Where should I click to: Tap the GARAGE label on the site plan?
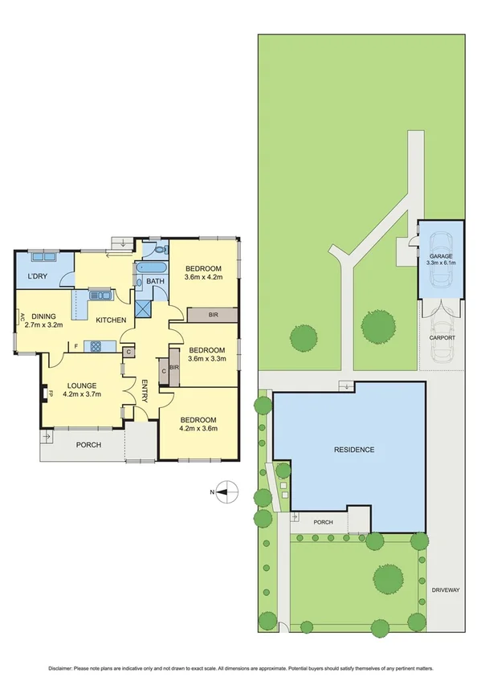[441, 255]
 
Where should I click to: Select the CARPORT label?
[441, 338]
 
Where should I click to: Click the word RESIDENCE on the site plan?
[354, 450]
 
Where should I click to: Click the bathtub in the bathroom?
[152, 268]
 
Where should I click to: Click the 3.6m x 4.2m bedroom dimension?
[202, 278]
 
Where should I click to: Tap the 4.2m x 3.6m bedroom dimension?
[198, 428]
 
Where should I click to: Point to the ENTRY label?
[145, 391]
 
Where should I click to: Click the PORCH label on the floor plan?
[88, 445]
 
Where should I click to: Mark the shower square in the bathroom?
[144, 308]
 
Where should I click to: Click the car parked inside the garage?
[441, 273]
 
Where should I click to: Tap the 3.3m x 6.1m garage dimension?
[441, 263]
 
